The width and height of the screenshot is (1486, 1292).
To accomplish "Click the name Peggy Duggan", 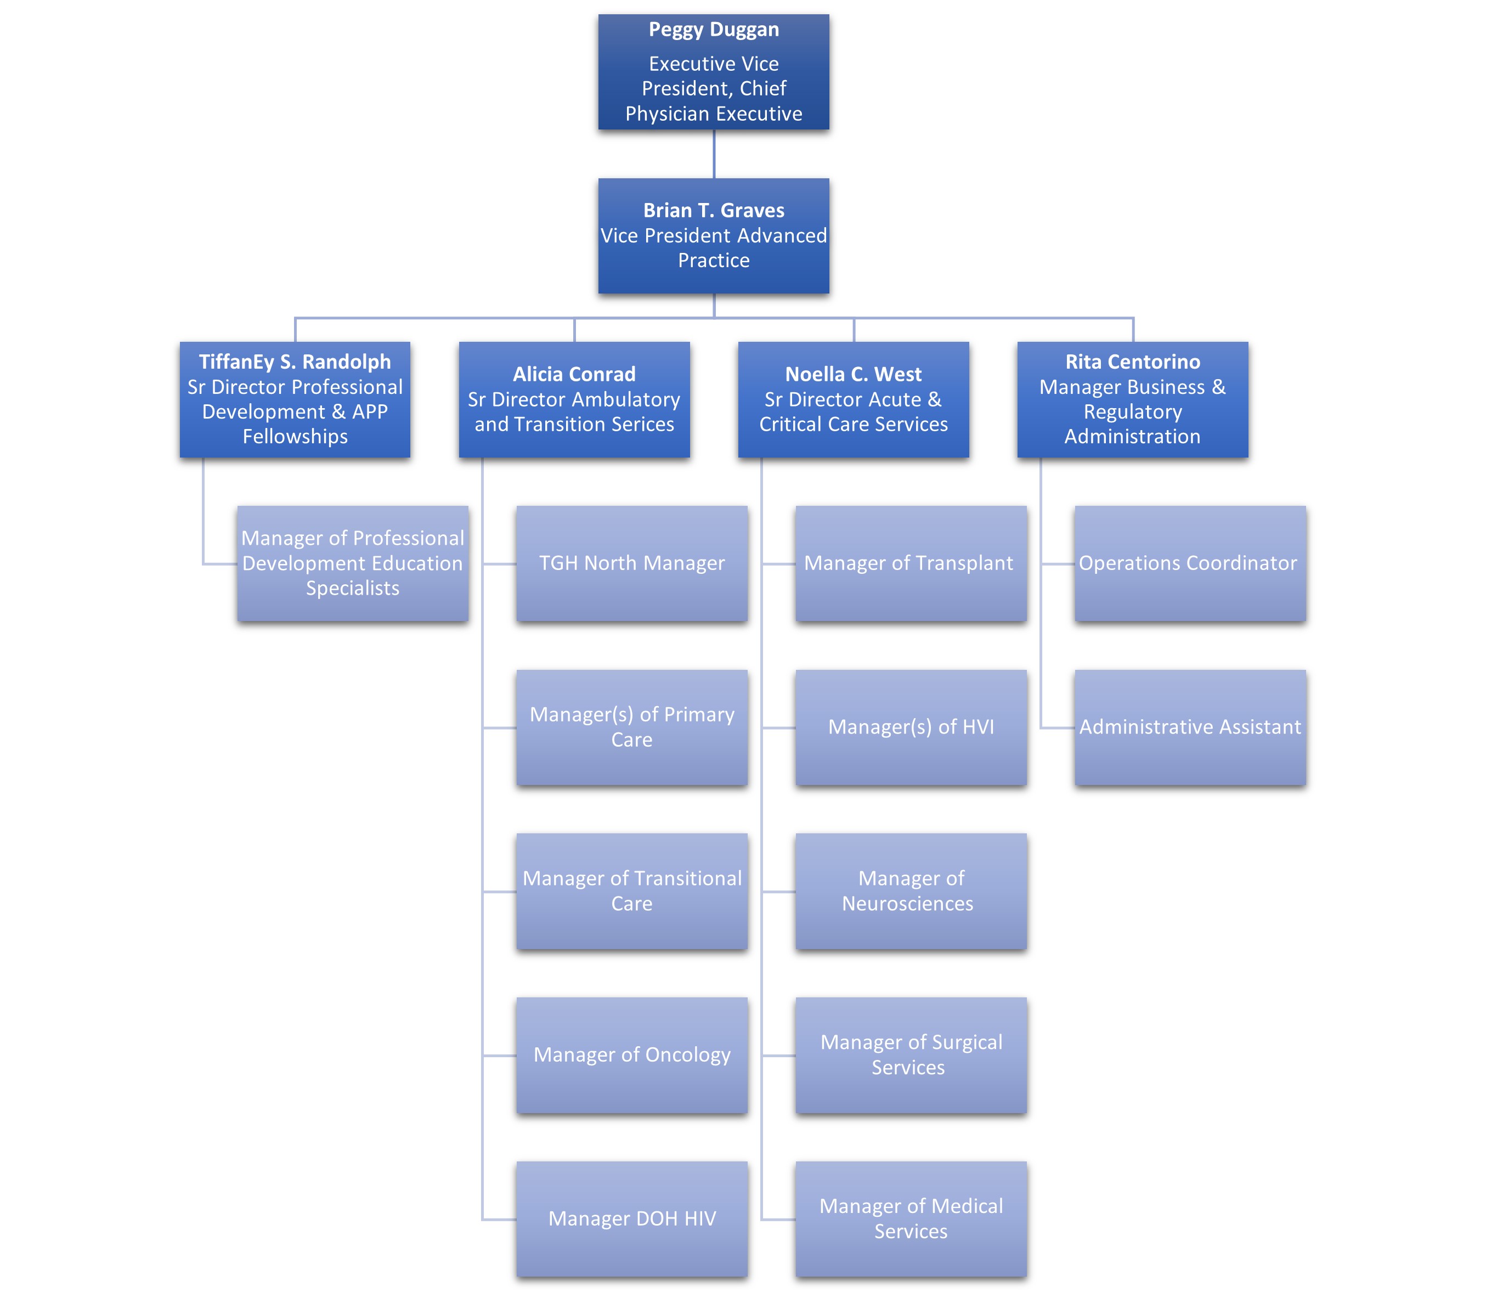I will [x=713, y=30].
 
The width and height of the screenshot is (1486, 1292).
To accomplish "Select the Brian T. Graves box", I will [x=713, y=236].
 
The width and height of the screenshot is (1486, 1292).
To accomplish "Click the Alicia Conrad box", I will [x=574, y=399].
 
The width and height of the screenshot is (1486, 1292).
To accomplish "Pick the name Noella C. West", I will [x=853, y=374].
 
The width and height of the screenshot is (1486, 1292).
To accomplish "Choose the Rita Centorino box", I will [x=1132, y=399].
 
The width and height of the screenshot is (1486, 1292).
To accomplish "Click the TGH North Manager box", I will [x=631, y=563].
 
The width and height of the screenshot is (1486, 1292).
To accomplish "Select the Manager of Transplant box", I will [x=911, y=563].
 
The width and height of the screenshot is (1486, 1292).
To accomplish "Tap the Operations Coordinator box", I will [x=1190, y=563].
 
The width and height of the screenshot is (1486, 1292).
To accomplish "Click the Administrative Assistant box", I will [x=1190, y=727].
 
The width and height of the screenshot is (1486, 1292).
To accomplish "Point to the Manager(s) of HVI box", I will [x=911, y=727].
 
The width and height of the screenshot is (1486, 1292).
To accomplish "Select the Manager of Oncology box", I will [x=631, y=1055].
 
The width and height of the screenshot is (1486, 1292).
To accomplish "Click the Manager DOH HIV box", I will [x=631, y=1218].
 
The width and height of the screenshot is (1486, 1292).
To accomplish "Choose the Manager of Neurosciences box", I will [x=911, y=891].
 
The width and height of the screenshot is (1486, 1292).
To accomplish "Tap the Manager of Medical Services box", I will [x=911, y=1218].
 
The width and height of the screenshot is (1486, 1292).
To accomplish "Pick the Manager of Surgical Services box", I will [x=911, y=1055].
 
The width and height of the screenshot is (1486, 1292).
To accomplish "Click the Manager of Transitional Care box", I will [x=631, y=891].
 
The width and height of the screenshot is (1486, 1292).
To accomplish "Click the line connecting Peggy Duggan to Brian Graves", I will [x=714, y=154].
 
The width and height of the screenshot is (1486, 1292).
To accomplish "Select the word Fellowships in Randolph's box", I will [x=295, y=436].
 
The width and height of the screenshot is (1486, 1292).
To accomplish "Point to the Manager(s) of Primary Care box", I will [x=631, y=727].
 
